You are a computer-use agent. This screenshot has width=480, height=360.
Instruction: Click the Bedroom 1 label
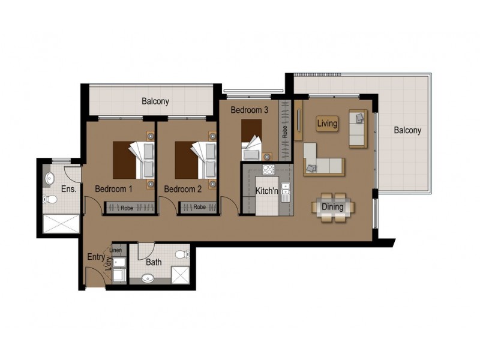click(x=113, y=188)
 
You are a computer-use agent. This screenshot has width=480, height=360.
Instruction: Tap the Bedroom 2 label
click(x=182, y=188)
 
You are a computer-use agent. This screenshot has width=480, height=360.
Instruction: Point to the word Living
click(x=327, y=124)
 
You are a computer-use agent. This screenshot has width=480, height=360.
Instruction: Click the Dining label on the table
click(x=332, y=207)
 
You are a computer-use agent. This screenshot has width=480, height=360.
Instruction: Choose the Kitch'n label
click(x=266, y=191)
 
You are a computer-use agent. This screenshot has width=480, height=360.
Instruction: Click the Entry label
click(x=95, y=257)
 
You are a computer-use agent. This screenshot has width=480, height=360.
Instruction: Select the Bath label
click(x=154, y=262)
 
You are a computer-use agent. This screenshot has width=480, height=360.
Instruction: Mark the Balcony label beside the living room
click(x=407, y=130)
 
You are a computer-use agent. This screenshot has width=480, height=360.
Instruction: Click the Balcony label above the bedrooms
click(x=155, y=101)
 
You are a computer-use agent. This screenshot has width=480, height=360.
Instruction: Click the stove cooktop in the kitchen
click(x=268, y=169)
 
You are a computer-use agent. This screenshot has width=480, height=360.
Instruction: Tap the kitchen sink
click(x=286, y=192)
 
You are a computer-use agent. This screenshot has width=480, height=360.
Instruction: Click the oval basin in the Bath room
click(x=148, y=278)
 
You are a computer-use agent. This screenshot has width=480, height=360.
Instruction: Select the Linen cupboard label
click(x=115, y=250)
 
